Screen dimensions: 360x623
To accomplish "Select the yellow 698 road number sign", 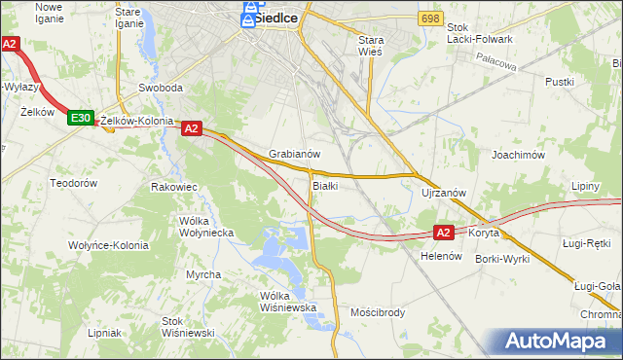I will pos(430,18).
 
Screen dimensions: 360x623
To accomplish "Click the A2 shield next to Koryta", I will pos(444,233).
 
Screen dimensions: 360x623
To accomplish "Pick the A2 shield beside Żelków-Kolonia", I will pos(190,127).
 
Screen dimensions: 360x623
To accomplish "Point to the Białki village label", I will pos(325,185).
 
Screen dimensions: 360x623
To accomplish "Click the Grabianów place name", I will pos(295,154).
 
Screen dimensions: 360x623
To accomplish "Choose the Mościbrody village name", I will pos(377,312).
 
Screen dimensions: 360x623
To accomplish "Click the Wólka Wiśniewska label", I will pos(289,302).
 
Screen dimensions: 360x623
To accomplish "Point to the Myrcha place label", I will pos(203,274).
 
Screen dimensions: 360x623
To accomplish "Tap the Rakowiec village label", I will pos(175,186).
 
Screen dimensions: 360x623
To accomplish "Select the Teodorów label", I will pos(74,183).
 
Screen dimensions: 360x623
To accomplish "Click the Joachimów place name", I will pos(517,155).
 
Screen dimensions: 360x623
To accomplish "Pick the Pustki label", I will pos(560,83).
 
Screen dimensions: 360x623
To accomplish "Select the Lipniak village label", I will pos(104,332).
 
